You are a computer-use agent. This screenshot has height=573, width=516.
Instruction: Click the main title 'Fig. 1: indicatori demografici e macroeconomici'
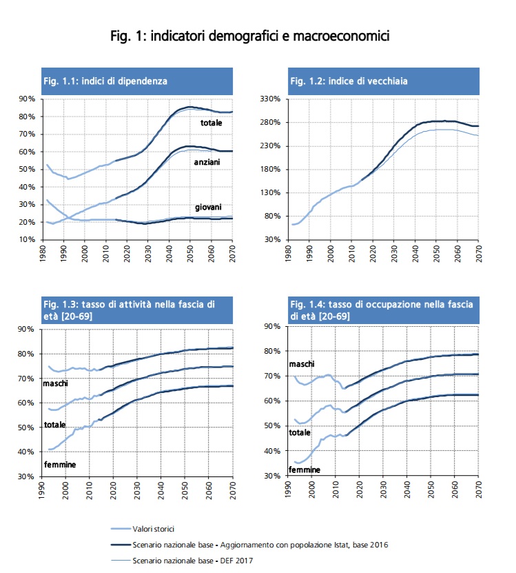(250, 36)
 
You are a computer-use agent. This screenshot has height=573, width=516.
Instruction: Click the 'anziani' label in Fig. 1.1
(207, 162)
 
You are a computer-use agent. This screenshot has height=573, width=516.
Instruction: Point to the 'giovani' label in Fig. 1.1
(208, 207)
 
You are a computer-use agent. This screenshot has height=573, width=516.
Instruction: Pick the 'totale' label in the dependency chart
(211, 123)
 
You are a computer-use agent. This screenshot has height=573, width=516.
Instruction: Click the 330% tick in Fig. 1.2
(270, 99)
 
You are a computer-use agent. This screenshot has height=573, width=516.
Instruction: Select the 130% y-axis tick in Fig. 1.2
(270, 192)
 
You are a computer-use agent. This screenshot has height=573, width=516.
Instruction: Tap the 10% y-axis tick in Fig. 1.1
(27, 239)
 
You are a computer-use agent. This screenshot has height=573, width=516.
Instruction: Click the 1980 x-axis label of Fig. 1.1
(43, 254)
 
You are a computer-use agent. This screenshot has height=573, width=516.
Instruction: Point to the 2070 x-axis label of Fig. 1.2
(479, 254)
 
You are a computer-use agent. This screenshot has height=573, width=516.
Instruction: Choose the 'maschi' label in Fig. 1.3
(56, 383)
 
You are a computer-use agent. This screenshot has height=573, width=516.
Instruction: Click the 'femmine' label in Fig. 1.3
(60, 465)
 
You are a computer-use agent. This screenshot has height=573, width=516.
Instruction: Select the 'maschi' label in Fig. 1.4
(302, 364)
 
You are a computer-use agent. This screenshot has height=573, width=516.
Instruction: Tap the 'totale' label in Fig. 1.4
(300, 432)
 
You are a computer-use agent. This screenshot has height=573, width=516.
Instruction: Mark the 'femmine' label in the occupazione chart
(305, 470)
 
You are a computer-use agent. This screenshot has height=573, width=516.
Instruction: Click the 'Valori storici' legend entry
(143, 529)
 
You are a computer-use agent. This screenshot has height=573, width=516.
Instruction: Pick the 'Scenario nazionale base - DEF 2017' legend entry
(182, 561)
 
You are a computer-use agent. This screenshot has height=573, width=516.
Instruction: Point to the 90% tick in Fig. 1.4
(272, 326)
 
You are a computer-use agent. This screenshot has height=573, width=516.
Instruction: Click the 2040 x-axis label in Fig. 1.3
(161, 490)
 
